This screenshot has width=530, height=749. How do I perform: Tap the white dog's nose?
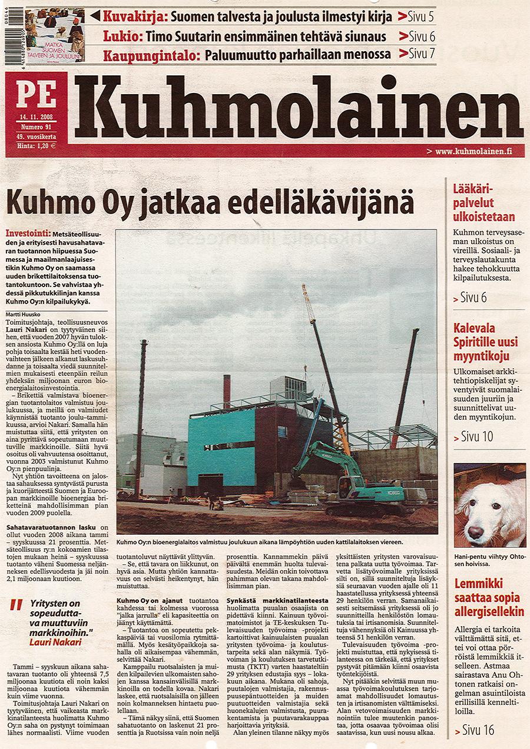coord(475,532)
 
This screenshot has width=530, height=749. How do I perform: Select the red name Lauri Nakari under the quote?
coord(55,642)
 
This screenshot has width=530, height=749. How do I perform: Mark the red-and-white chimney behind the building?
coord(226,391)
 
